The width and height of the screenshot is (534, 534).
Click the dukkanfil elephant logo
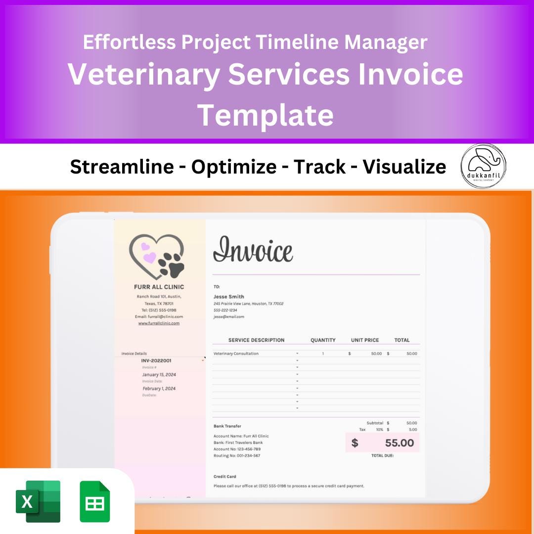pyautogui.click(x=483, y=166)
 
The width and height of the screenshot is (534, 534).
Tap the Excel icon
pyautogui.click(x=38, y=501)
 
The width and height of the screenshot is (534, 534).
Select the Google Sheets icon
pyautogui.click(x=95, y=501)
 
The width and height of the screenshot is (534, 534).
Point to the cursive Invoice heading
pyautogui.click(x=253, y=250)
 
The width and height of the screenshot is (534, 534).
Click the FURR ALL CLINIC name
pyautogui.click(x=159, y=287)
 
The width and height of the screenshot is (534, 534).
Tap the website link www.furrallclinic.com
pyautogui.click(x=159, y=323)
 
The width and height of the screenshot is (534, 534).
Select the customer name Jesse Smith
pyautogui.click(x=228, y=297)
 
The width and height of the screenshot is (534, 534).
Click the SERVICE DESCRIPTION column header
pyautogui.click(x=256, y=340)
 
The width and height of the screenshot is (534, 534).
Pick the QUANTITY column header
pyautogui.click(x=323, y=340)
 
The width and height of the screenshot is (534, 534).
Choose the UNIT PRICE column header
pyautogui.click(x=365, y=340)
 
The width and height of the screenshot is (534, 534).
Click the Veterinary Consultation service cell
pyautogui.click(x=236, y=354)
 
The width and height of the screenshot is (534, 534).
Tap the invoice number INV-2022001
pyautogui.click(x=156, y=361)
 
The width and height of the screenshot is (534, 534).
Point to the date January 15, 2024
pyautogui.click(x=159, y=375)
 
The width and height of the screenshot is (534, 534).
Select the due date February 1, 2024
pyautogui.click(x=159, y=389)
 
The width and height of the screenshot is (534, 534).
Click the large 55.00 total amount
pyautogui.click(x=399, y=443)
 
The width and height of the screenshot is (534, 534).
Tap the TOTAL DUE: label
pyautogui.click(x=382, y=455)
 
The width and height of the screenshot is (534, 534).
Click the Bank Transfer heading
pyautogui.click(x=227, y=426)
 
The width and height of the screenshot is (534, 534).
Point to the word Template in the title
pyautogui.click(x=266, y=115)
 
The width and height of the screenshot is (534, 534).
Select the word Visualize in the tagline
pyautogui.click(x=404, y=167)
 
